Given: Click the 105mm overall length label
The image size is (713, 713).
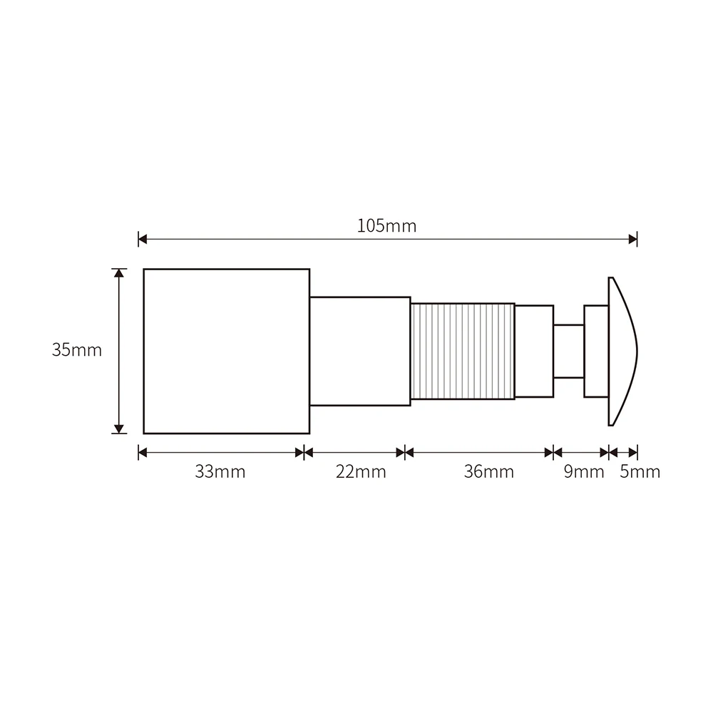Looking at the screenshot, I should (x=386, y=226).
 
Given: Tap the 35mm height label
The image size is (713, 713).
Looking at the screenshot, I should (x=77, y=350).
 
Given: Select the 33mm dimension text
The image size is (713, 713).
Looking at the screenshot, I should (x=220, y=471).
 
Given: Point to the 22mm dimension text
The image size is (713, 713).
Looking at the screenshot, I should (x=361, y=471).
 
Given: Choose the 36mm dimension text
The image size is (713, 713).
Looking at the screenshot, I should (x=488, y=471).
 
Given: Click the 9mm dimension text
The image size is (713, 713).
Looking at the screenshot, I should (x=584, y=471).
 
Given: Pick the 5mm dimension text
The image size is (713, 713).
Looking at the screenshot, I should (x=640, y=471).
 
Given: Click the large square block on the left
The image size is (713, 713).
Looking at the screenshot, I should (x=226, y=351).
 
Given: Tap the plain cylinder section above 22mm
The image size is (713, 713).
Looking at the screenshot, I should (x=359, y=351).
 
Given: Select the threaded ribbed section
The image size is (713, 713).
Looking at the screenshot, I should (x=462, y=351).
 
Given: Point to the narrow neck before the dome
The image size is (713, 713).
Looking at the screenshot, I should (x=568, y=351).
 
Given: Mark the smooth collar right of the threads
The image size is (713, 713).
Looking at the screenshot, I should (x=534, y=351).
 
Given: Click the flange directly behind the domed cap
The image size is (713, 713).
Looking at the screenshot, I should (x=596, y=351).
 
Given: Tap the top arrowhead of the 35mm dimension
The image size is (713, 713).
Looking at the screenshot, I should (x=119, y=273).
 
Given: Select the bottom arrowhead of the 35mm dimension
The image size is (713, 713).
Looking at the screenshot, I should (x=119, y=429).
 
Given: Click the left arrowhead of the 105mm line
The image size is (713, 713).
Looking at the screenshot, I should (x=143, y=239).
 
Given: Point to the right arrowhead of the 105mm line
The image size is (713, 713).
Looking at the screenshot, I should (x=632, y=239).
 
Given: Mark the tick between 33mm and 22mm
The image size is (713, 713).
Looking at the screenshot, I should (x=304, y=452).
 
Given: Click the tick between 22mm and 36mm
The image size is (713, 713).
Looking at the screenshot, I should (x=405, y=452).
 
